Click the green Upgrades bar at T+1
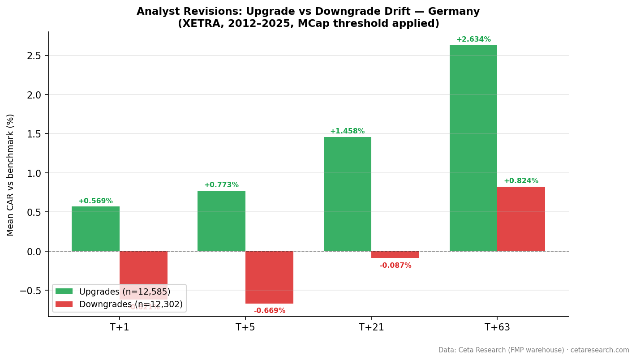95,229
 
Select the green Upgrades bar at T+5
221,221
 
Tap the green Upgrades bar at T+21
347,194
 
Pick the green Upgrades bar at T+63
473,148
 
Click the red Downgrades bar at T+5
269,277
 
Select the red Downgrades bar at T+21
395,254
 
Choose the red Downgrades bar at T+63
521,219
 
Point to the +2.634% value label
473,39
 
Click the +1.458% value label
347,131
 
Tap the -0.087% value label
395,266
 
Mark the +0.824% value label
521,181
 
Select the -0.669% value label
269,311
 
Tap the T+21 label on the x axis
371,327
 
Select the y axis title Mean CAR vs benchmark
11,175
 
